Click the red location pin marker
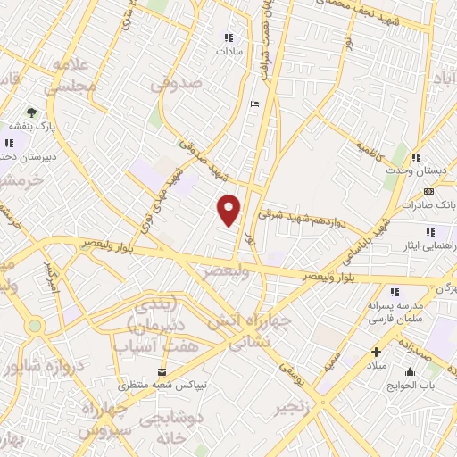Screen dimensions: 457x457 click(230, 210)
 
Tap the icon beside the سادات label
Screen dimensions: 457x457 click(228, 38)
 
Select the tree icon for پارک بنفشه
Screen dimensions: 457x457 click(32, 112)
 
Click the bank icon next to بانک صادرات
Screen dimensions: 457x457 click(428, 191)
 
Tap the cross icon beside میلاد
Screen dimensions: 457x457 click(376, 352)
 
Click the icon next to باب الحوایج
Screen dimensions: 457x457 click(411, 371)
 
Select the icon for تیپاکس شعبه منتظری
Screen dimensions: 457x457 click(162, 370)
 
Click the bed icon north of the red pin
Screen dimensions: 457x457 click(255, 103)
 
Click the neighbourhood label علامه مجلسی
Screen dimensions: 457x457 click(72, 75)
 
